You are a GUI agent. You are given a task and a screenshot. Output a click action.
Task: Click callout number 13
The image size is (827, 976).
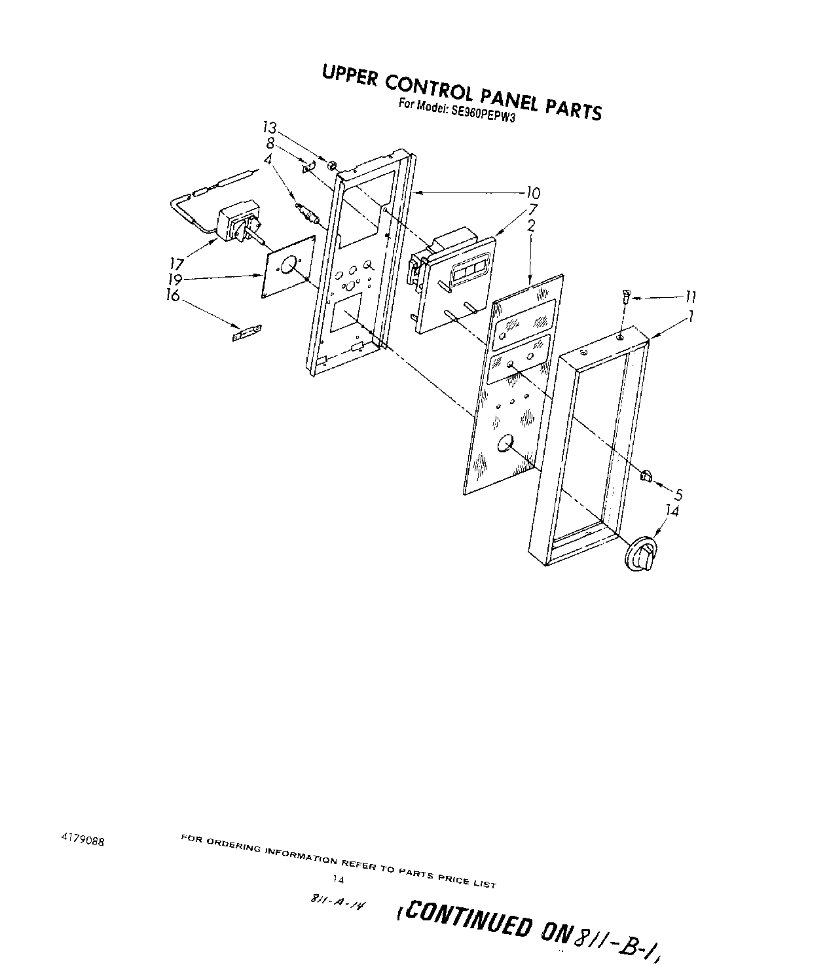(270, 128)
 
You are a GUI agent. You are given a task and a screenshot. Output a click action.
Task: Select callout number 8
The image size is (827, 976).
(270, 143)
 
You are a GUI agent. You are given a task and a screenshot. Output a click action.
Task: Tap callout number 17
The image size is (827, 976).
(175, 264)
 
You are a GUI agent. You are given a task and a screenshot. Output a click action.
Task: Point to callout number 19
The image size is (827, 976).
(174, 279)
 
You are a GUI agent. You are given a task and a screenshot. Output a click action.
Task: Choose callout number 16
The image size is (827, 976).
(174, 295)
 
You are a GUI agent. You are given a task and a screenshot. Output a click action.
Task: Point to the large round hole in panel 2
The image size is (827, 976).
(504, 444)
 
